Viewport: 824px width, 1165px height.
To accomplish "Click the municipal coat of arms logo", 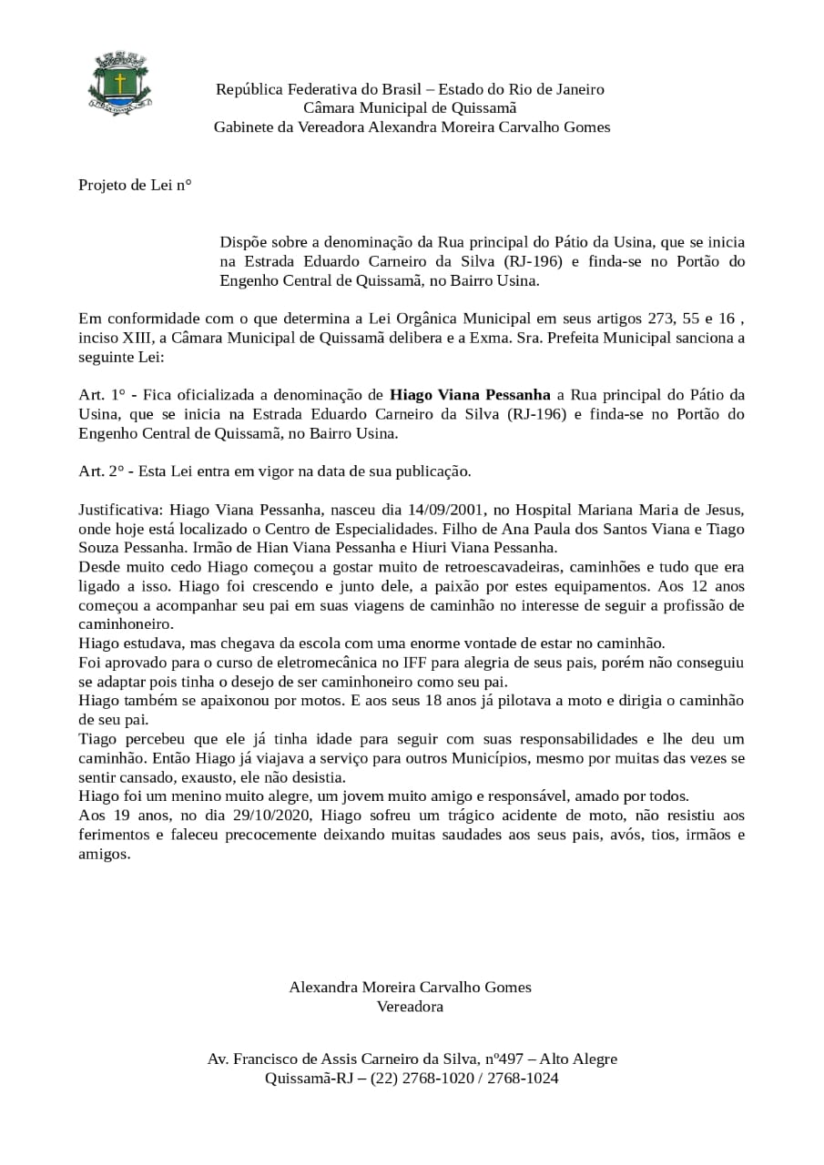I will (119, 84).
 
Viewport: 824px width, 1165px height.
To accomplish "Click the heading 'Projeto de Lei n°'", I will (135, 185).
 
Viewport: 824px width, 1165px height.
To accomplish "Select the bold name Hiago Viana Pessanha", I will (470, 395).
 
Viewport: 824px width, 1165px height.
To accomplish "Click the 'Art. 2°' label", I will (100, 471).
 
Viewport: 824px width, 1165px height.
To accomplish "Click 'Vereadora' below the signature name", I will (410, 1007).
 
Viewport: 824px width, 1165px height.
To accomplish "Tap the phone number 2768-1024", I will (523, 1079).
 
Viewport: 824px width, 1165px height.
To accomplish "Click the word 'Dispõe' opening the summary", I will (245, 242).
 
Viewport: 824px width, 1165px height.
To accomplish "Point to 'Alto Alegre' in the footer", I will (578, 1059).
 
